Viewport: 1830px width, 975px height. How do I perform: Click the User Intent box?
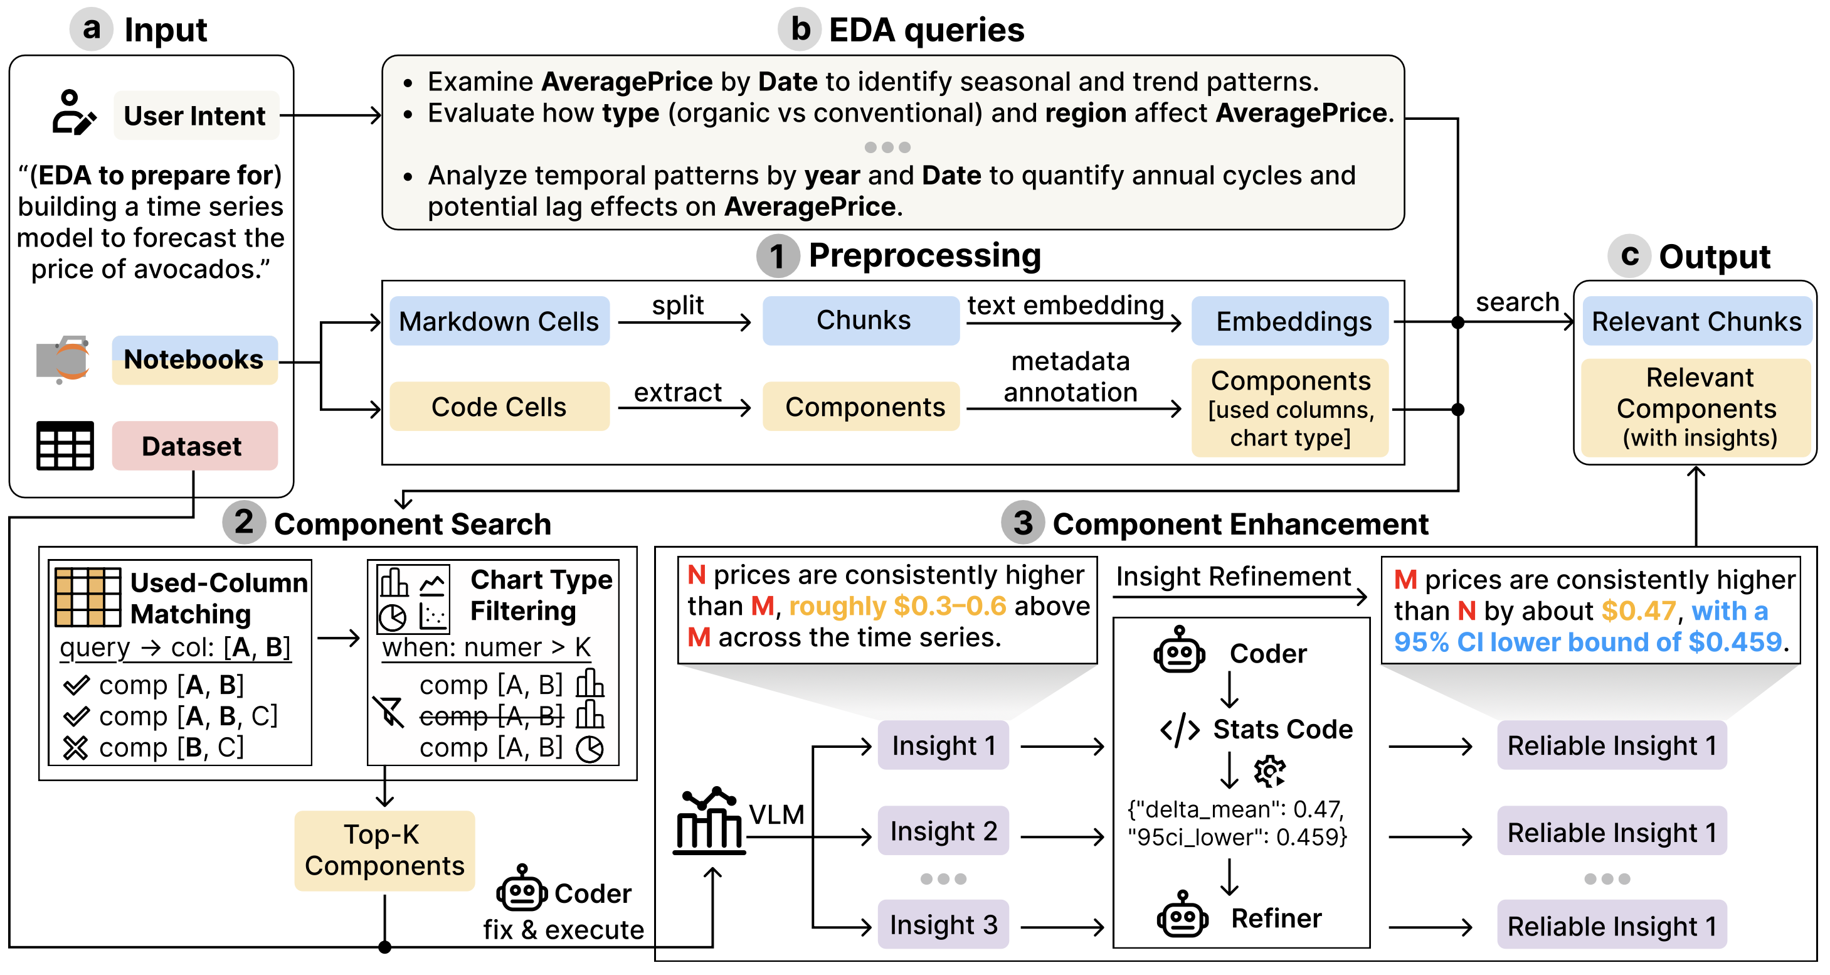[x=196, y=115]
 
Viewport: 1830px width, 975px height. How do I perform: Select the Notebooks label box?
[x=194, y=360]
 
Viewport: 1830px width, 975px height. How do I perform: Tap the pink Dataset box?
[x=194, y=446]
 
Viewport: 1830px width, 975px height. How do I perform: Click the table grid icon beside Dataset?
[x=65, y=445]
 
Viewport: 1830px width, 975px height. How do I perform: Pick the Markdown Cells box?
[x=499, y=321]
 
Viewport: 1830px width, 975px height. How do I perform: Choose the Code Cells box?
[x=499, y=407]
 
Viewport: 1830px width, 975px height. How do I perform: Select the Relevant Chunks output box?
[x=1696, y=321]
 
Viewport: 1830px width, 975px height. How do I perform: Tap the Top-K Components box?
[x=384, y=851]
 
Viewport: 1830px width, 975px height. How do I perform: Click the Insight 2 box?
[x=943, y=831]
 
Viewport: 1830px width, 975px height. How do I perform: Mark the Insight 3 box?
[x=943, y=925]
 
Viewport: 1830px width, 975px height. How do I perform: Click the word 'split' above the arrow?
[x=678, y=305]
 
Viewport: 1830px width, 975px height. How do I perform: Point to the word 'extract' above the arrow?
[x=677, y=392]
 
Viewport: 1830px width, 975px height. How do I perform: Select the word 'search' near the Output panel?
[x=1516, y=302]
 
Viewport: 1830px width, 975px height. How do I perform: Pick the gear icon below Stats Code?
[x=1269, y=771]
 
